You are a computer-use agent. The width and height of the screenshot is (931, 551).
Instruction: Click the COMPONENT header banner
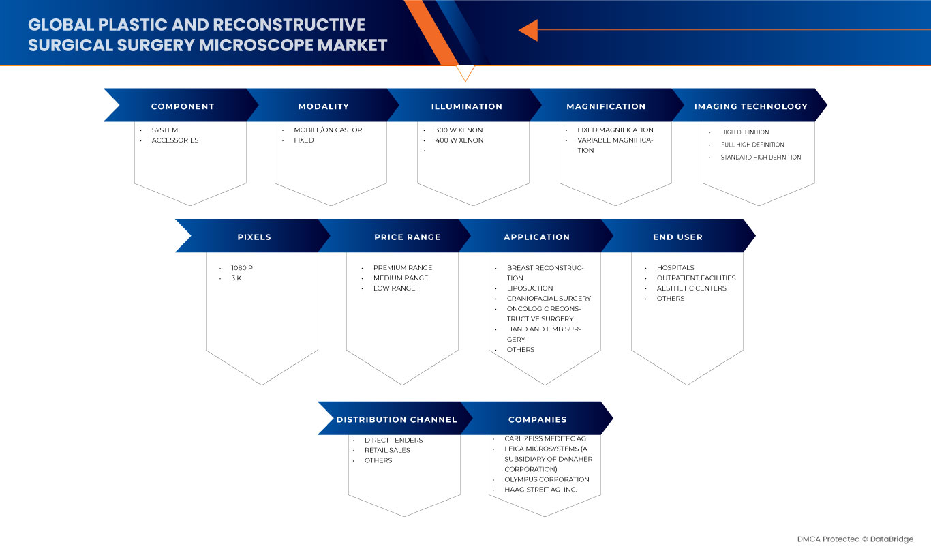coord(183,106)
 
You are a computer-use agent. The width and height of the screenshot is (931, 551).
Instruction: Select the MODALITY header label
coord(323,106)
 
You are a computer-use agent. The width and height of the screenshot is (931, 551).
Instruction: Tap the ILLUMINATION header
coord(466,106)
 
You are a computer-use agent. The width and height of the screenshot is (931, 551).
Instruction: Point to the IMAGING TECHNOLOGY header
coord(750,106)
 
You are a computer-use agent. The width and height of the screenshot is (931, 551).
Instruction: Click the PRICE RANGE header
coord(407,237)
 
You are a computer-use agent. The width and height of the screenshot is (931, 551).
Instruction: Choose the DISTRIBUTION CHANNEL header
coord(396,419)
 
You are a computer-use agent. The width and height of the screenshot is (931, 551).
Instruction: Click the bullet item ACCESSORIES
coord(175,140)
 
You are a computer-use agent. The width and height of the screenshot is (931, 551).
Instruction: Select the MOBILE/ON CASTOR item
coord(328,130)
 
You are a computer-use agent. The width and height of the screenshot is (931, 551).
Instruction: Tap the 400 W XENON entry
coord(459,140)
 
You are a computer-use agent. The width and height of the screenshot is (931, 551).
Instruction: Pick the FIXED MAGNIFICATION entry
coord(615,130)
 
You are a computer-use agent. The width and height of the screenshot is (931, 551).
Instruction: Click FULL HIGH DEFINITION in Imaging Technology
coord(752,145)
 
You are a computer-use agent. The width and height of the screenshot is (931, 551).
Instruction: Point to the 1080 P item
coord(242,268)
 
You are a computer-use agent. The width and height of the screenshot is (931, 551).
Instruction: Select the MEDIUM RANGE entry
coord(401,278)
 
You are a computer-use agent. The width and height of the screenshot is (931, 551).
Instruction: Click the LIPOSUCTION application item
coord(530,288)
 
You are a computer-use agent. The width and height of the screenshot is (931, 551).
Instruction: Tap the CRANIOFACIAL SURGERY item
coord(549,299)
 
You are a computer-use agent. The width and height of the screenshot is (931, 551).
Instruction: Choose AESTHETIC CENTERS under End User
coord(691,288)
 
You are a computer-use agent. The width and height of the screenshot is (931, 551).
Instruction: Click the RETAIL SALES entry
coord(387,450)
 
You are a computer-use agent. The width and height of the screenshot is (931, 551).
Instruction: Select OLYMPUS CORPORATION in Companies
coord(547,479)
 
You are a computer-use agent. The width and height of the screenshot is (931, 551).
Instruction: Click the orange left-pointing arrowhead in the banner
coord(528,30)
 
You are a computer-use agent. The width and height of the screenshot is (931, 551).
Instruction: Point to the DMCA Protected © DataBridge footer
coord(855,539)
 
